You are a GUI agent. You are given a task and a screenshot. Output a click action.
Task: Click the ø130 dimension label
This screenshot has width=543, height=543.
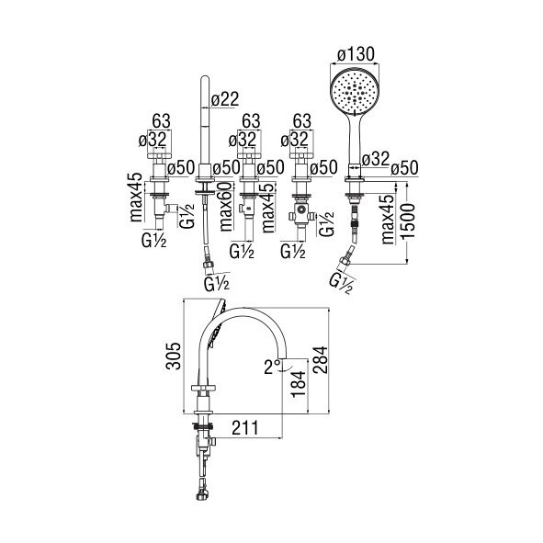tap(356, 55)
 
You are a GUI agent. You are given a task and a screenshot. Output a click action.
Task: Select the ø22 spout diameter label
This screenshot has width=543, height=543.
tap(225, 99)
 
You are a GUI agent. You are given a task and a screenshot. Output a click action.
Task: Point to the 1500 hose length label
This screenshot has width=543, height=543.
tap(408, 221)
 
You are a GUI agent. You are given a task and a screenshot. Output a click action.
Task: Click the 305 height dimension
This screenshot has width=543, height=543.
tap(173, 356)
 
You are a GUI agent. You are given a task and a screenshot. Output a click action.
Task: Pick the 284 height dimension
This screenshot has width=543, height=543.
tap(320, 359)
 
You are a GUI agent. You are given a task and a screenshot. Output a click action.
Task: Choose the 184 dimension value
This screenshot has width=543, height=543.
tap(298, 384)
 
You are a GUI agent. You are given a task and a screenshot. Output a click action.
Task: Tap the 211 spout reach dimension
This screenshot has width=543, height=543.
tap(244, 428)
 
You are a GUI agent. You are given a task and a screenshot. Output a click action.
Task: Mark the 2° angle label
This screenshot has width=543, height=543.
tap(273, 368)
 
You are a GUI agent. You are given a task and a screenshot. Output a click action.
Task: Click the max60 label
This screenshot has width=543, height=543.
tap(226, 207)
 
